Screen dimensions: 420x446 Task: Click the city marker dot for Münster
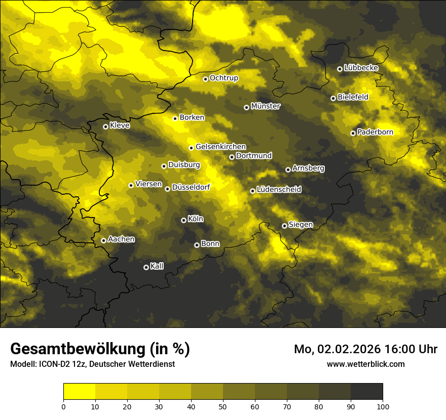[246, 107]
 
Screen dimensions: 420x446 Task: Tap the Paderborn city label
[375, 133]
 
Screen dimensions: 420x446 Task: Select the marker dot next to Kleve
[105, 127]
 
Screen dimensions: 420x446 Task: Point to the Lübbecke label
[361, 68]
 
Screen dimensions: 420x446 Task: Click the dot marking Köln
[183, 220]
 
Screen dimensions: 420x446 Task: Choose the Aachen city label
[121, 239]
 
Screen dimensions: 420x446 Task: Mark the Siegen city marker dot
[284, 226]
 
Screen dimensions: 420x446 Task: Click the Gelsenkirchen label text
[220, 147]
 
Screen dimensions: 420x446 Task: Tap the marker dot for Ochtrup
[205, 79]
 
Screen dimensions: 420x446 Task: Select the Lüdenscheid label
[279, 190]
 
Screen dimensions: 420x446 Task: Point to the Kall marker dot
[146, 267]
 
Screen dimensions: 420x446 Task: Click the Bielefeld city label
[353, 97]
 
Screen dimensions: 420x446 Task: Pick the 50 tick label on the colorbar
[223, 406]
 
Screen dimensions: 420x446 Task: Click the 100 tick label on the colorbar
[383, 406]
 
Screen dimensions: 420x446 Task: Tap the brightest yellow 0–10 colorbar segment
[79, 391]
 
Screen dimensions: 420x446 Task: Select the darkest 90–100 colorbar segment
[366, 391]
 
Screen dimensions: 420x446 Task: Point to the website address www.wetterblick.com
[365, 364]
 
